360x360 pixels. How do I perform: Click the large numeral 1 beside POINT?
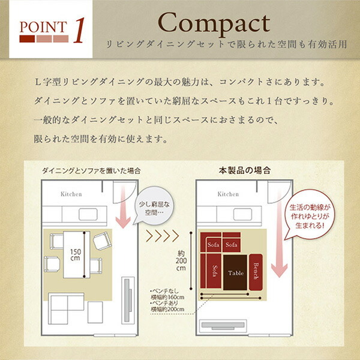[79, 31]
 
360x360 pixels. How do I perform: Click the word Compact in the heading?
[214, 23]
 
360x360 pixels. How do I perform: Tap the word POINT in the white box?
[43, 27]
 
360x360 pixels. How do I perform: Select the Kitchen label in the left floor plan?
[71, 194]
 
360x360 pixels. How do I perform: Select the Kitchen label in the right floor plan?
[228, 194]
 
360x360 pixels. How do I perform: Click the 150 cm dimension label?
[76, 255]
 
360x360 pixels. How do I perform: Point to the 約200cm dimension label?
[181, 261]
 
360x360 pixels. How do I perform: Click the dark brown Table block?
[235, 272]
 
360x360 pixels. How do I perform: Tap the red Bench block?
[256, 272]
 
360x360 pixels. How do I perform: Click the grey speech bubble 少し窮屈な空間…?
[154, 205]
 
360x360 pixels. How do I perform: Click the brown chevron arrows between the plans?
[163, 236]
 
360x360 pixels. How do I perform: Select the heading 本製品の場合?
[245, 170]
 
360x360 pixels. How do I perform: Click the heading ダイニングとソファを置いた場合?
[91, 171]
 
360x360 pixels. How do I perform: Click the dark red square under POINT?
[27, 39]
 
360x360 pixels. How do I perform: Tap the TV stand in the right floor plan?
[223, 326]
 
